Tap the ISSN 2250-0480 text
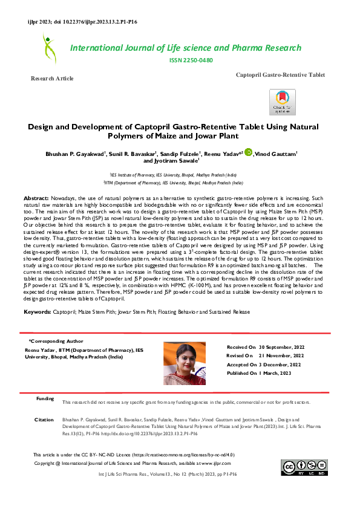coord(191,60)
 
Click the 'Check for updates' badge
coord(283,102)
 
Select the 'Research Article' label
coord(52,79)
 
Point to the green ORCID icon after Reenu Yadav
coord(248,154)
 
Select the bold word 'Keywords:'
coord(37,312)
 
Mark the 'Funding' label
coord(45,399)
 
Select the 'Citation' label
coord(44,419)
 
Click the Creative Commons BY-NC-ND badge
coord(304,467)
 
